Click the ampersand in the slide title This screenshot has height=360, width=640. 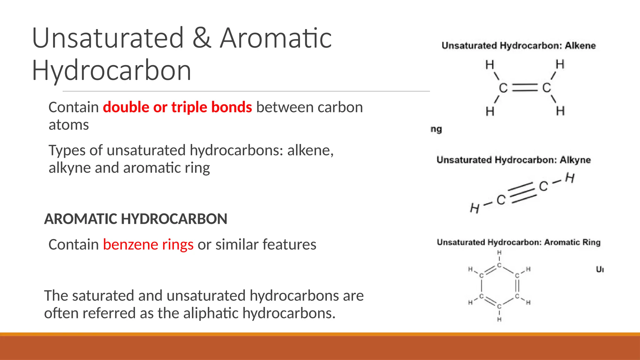202,38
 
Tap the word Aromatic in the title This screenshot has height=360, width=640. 276,38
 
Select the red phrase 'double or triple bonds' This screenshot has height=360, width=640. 177,107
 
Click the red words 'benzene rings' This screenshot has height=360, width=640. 148,244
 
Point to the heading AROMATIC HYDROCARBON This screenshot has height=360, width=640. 136,219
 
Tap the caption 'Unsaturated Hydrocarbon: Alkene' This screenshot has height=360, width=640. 518,46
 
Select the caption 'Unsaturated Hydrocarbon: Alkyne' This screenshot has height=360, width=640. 513,160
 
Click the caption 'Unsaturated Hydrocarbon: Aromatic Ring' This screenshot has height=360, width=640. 518,242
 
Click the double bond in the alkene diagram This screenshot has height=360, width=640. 525,88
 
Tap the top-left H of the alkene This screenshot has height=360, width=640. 490,65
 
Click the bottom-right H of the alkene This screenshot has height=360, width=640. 560,111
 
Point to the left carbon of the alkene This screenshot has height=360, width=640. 503,88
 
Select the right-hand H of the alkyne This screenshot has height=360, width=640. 570,178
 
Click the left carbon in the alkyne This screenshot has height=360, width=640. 501,200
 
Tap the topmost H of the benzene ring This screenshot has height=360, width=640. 499,252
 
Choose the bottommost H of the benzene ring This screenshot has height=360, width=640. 499,319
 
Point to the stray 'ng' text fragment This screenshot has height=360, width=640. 436,129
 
